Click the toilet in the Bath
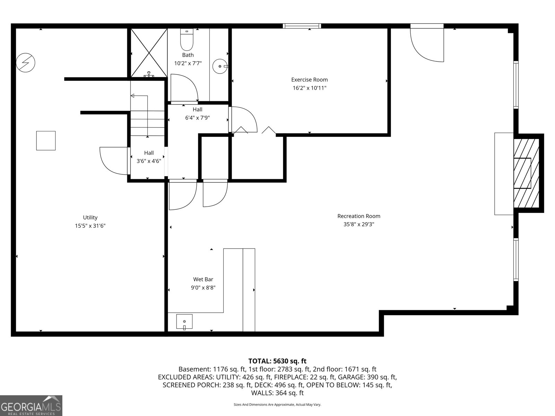[187, 40]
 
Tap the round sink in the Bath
[220, 66]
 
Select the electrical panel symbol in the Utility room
[26, 63]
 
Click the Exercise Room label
[309, 80]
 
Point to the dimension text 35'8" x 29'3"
[359, 224]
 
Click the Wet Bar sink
[184, 322]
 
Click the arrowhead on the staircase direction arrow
[133, 95]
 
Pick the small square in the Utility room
[46, 140]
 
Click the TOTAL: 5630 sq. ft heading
[277, 361]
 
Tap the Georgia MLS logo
[31, 405]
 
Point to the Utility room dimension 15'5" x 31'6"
[90, 226]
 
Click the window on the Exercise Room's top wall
[302, 26]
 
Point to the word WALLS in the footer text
[262, 393]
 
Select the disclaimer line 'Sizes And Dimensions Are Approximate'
[277, 405]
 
